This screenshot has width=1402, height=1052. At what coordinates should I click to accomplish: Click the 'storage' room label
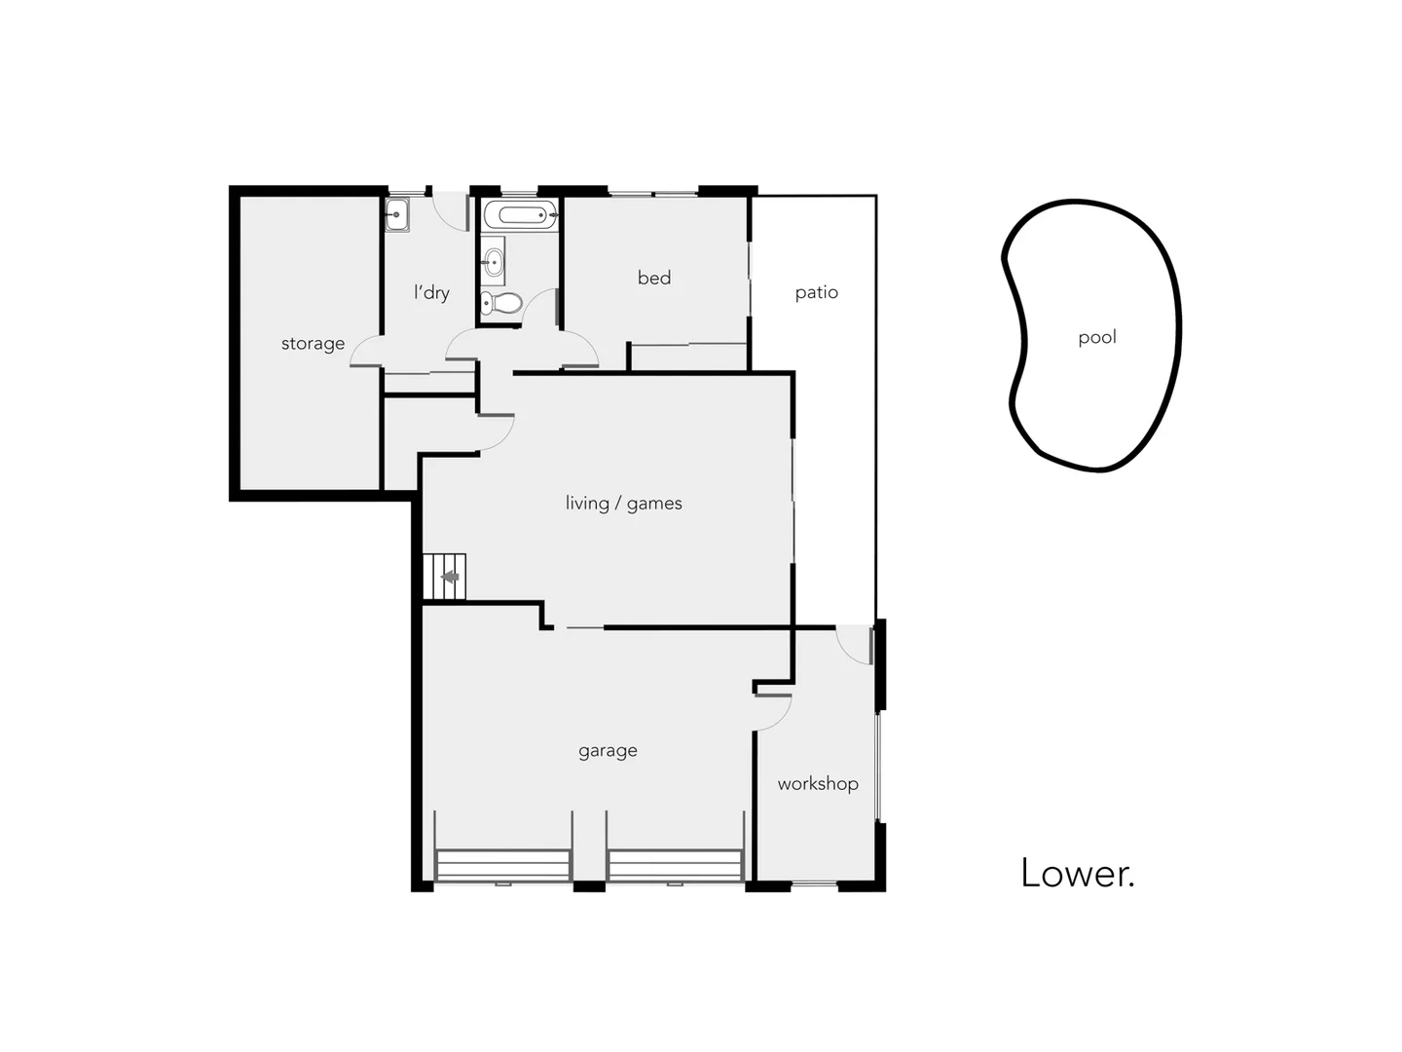pyautogui.click(x=313, y=344)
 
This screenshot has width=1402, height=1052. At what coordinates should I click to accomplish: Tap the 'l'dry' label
pyautogui.click(x=431, y=292)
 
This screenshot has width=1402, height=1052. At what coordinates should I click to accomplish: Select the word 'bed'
pyautogui.click(x=654, y=278)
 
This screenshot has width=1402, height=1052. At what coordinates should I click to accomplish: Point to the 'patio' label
pyautogui.click(x=816, y=292)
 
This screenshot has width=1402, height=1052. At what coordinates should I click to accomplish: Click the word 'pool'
pyautogui.click(x=1097, y=337)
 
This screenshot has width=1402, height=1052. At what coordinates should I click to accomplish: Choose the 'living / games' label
pyautogui.click(x=623, y=504)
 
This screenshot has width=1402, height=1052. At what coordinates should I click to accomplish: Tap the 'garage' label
pyautogui.click(x=608, y=751)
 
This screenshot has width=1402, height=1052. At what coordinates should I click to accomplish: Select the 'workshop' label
pyautogui.click(x=818, y=784)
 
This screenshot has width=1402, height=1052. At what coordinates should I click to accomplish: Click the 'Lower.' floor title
pyautogui.click(x=1077, y=873)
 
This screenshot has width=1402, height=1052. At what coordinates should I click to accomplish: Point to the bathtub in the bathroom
pyautogui.click(x=521, y=214)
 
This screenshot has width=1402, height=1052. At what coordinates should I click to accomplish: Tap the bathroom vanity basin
pyautogui.click(x=494, y=261)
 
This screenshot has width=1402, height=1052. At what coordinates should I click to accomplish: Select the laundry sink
pyautogui.click(x=396, y=214)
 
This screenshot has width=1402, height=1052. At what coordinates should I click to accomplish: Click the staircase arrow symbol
pyautogui.click(x=450, y=577)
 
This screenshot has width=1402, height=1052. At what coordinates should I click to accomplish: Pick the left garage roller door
pyautogui.click(x=502, y=865)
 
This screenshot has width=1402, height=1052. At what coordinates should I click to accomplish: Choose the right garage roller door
pyautogui.click(x=675, y=865)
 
